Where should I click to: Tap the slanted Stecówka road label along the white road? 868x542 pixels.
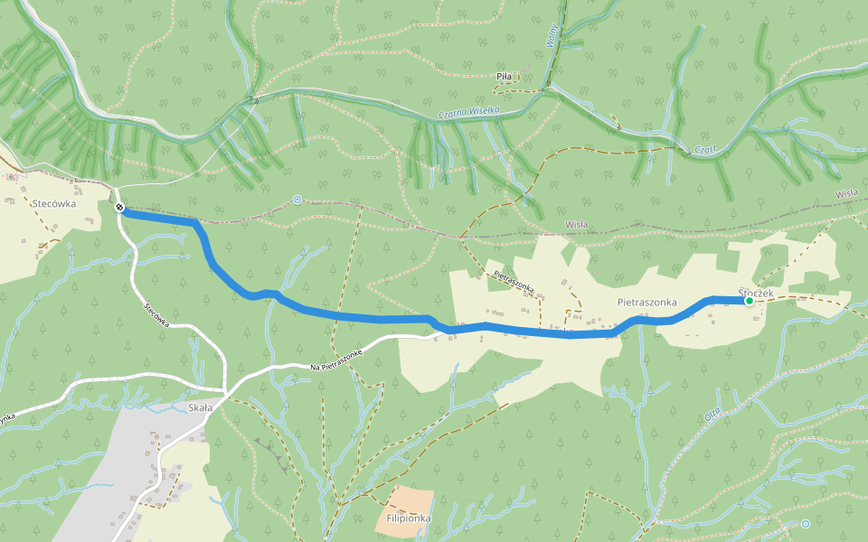pyautogui.click(x=157, y=313)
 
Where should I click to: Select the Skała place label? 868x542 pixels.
pyautogui.click(x=200, y=407)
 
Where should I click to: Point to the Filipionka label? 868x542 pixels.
pyautogui.click(x=408, y=519)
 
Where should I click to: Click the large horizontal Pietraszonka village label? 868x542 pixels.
pyautogui.click(x=647, y=302)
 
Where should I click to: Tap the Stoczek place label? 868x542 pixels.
pyautogui.click(x=756, y=293)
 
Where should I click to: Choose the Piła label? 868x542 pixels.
pyautogui.click(x=505, y=77)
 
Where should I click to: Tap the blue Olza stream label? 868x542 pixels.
pyautogui.click(x=714, y=415)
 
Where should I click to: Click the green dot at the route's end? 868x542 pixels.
pyautogui.click(x=749, y=302)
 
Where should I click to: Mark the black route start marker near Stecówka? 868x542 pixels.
pyautogui.click(x=119, y=208)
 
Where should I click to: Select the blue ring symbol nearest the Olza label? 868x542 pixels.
pyautogui.click(x=806, y=523)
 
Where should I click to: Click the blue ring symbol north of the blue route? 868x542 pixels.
pyautogui.click(x=297, y=200)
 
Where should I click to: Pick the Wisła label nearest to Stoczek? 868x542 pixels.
pyautogui.click(x=846, y=193)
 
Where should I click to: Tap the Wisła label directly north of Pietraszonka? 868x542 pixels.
pyautogui.click(x=577, y=225)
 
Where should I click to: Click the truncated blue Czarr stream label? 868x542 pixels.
pyautogui.click(x=705, y=150)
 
